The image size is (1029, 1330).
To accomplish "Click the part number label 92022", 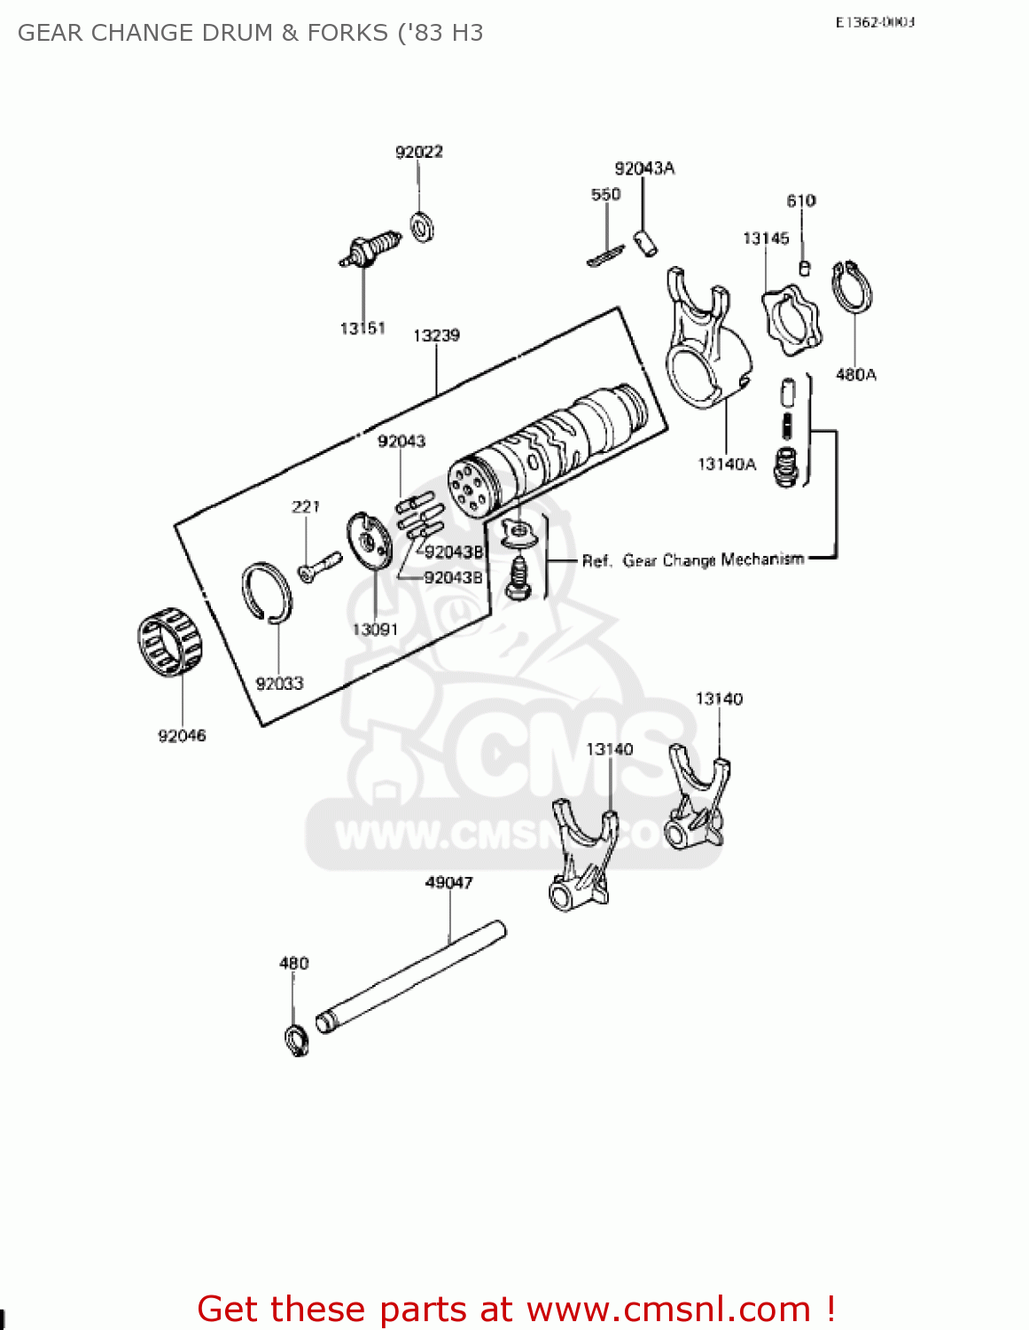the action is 418,152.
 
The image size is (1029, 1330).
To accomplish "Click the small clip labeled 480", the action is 296,1039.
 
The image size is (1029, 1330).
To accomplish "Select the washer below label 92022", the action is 422,228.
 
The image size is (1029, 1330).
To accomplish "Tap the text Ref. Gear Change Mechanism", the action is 692,560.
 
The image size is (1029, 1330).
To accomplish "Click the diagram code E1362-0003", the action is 874,22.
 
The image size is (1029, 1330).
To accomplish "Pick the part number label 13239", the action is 436,335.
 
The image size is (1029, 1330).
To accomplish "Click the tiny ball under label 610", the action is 804,267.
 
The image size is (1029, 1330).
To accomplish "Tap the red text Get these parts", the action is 516,1309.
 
